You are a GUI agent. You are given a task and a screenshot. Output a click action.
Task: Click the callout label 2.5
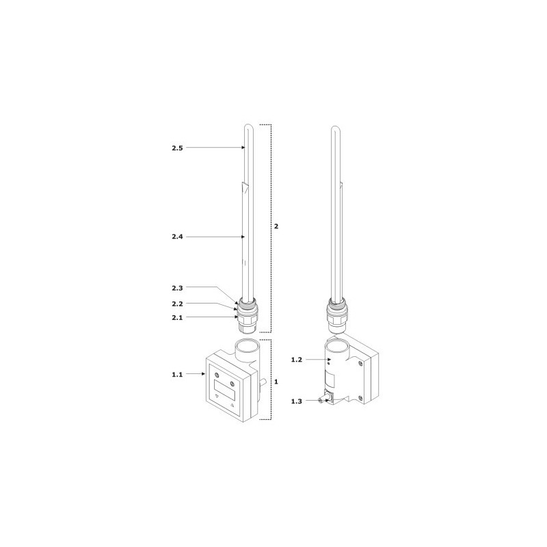pos(177,148)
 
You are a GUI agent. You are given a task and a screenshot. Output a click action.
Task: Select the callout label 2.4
pos(177,237)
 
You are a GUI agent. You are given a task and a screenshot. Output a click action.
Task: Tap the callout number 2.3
pos(177,288)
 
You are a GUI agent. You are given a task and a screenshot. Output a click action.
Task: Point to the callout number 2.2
pos(177,304)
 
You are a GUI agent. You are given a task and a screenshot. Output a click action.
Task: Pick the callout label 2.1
pos(177,318)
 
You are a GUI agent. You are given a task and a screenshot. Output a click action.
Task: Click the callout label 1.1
pos(177,375)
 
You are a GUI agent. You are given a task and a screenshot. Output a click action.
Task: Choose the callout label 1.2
pos(297,360)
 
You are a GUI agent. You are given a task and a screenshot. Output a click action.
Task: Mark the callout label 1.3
pos(297,401)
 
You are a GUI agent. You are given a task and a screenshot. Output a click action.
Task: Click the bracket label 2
pos(276,226)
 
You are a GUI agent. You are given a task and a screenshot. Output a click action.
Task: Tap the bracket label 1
pos(276,382)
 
